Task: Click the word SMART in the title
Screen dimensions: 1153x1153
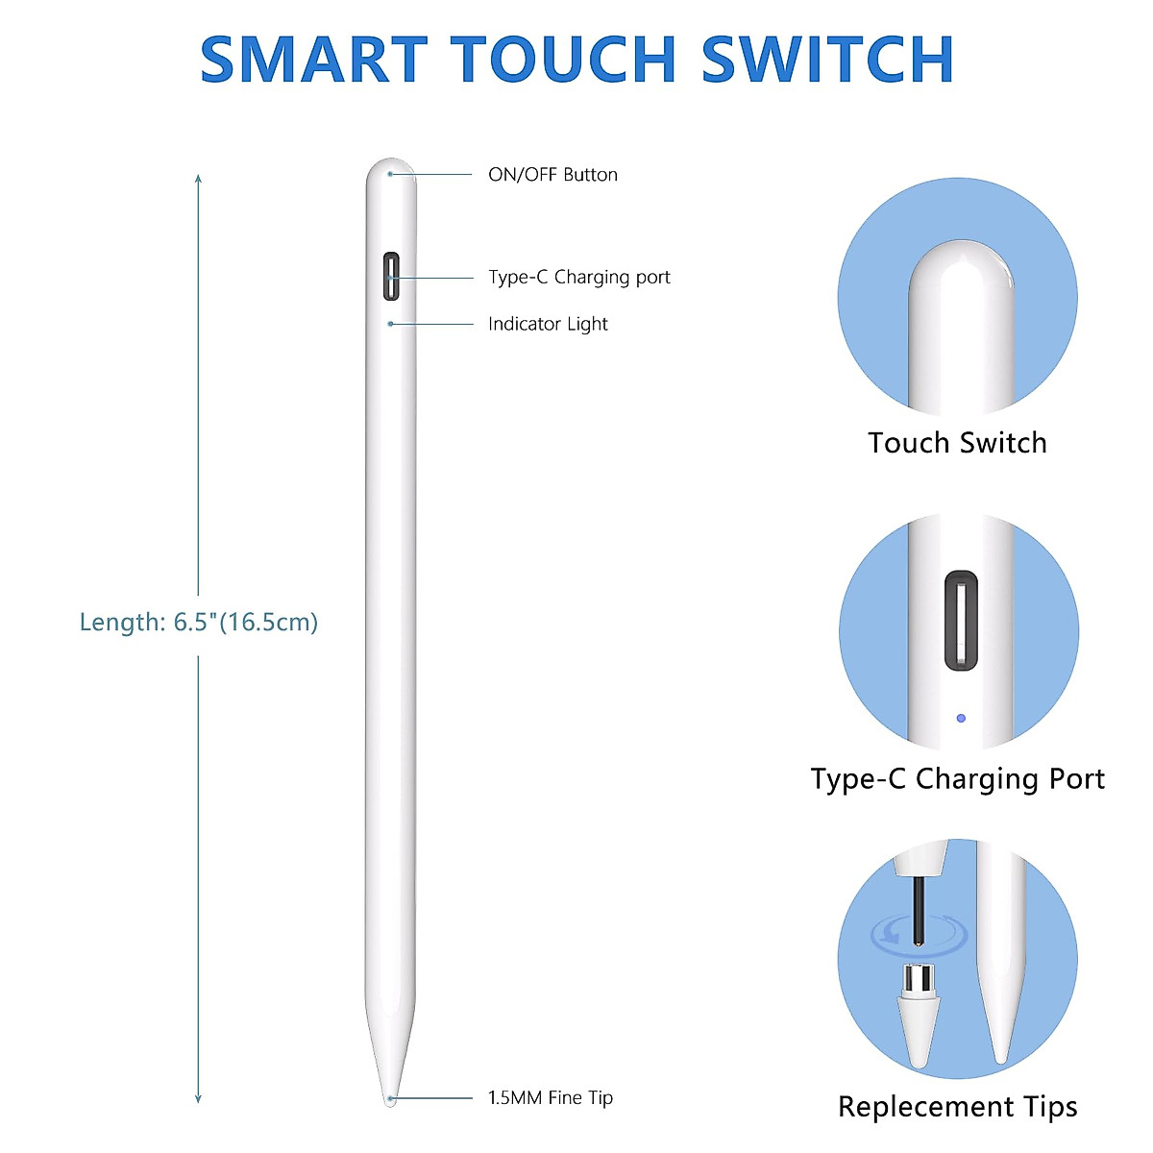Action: [313, 60]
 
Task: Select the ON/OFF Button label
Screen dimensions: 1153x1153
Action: [552, 175]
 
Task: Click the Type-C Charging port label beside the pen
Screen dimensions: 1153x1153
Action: [578, 278]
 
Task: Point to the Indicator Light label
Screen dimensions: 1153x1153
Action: [548, 324]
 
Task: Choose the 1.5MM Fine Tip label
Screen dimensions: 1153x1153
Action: [550, 1097]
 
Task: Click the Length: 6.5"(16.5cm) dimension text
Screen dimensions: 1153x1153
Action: [198, 622]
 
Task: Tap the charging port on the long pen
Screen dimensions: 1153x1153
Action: [391, 277]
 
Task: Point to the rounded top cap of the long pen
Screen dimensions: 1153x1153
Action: [391, 173]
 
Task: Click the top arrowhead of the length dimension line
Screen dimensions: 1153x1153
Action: [198, 179]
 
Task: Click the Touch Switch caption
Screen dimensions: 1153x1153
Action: [957, 443]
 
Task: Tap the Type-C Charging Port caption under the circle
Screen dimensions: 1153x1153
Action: [957, 778]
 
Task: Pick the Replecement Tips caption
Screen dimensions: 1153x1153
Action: [957, 1107]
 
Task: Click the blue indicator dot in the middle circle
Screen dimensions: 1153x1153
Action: [961, 718]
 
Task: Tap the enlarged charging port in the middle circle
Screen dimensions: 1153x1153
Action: [961, 621]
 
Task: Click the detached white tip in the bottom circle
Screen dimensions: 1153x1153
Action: [918, 1018]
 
